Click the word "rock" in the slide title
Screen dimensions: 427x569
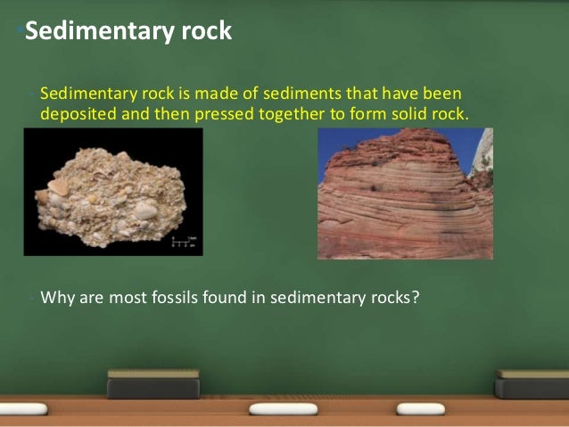pyautogui.click(x=205, y=32)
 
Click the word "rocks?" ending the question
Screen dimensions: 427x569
pyautogui.click(x=392, y=297)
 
